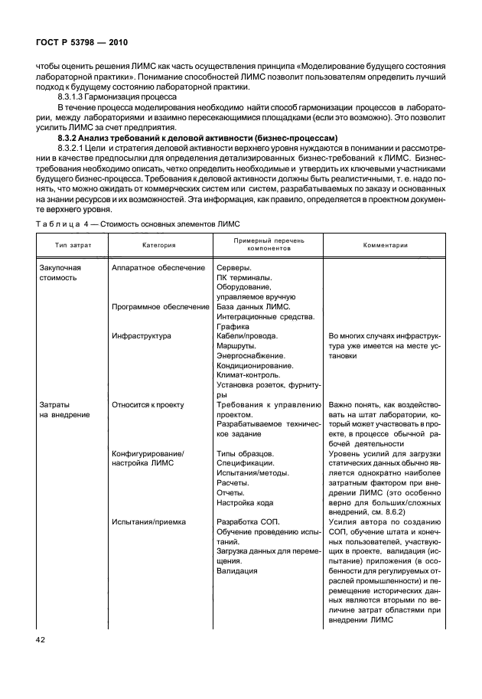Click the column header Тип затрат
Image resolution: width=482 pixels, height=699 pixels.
tap(67, 246)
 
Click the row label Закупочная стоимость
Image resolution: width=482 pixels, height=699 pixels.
tap(60, 273)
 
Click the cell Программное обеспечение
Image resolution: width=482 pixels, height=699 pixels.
tap(160, 306)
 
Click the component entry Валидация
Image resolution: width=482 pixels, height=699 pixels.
tap(237, 570)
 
